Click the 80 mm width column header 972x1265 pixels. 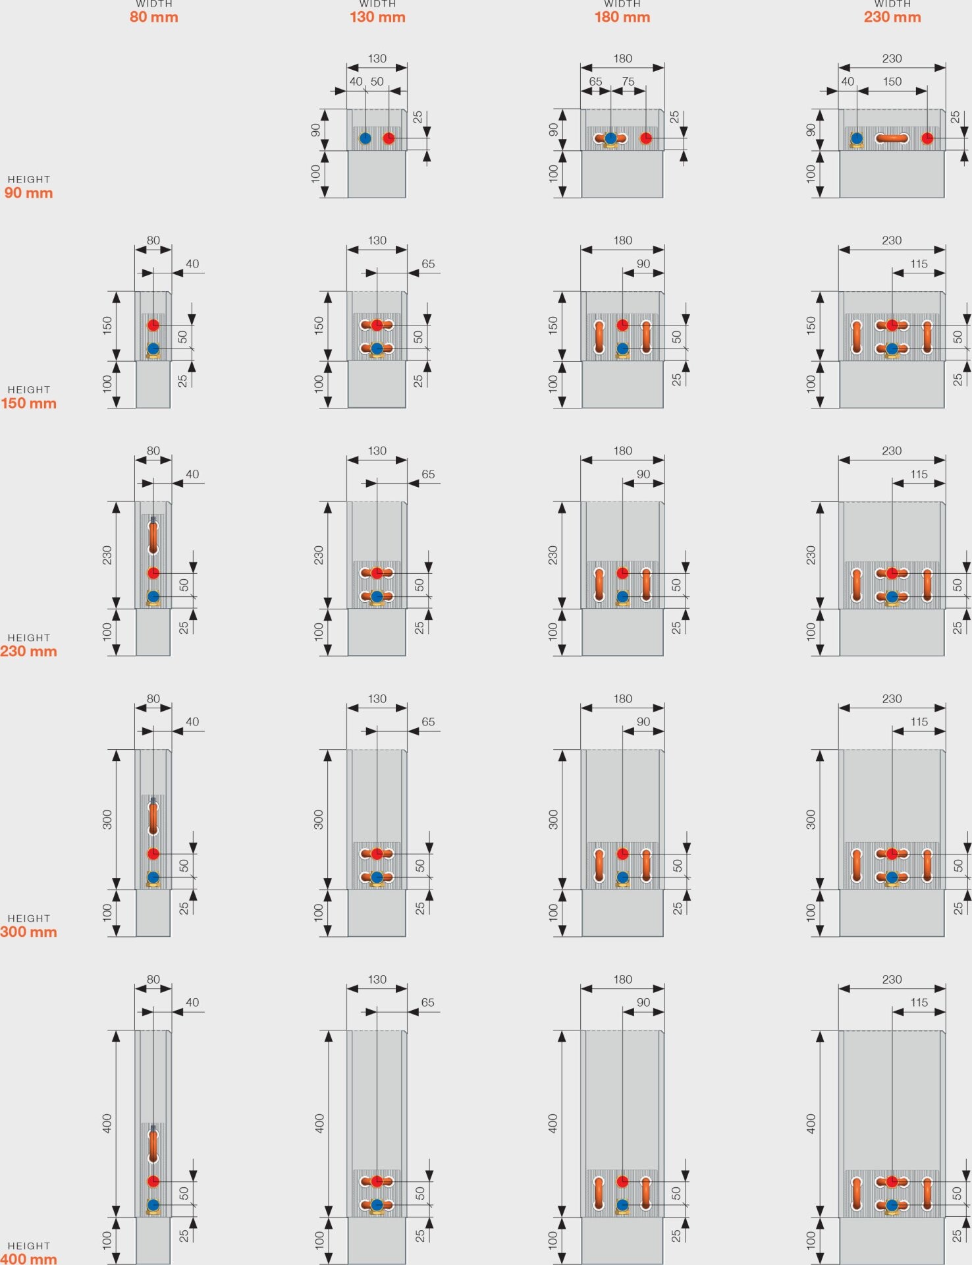pyautogui.click(x=153, y=12)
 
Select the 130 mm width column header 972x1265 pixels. pyautogui.click(x=377, y=12)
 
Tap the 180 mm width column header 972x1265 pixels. pyautogui.click(x=622, y=12)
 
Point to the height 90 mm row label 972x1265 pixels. pyautogui.click(x=28, y=187)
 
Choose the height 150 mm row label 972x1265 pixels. pyautogui.click(x=28, y=397)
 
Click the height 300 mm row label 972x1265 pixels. pyautogui.click(x=28, y=926)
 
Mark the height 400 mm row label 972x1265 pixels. pyautogui.click(x=28, y=1253)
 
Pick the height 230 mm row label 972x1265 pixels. pyautogui.click(x=28, y=645)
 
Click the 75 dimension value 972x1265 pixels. pyautogui.click(x=628, y=82)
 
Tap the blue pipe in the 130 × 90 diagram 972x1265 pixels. pyautogui.click(x=365, y=138)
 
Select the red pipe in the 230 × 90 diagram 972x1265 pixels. pyautogui.click(x=927, y=138)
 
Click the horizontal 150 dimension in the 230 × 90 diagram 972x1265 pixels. pyautogui.click(x=892, y=82)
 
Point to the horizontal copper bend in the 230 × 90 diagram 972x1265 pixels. pyautogui.click(x=892, y=138)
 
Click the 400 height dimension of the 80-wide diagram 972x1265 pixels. pyautogui.click(x=107, y=1123)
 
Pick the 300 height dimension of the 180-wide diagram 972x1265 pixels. pyautogui.click(x=553, y=820)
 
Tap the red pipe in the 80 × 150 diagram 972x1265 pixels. pyautogui.click(x=153, y=325)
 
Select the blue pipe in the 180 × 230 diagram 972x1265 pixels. pyautogui.click(x=622, y=597)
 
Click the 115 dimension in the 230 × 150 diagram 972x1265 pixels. pyautogui.click(x=919, y=264)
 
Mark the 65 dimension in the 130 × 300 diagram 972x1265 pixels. pyautogui.click(x=428, y=721)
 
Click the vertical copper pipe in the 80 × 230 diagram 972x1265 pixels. pyautogui.click(x=153, y=537)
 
